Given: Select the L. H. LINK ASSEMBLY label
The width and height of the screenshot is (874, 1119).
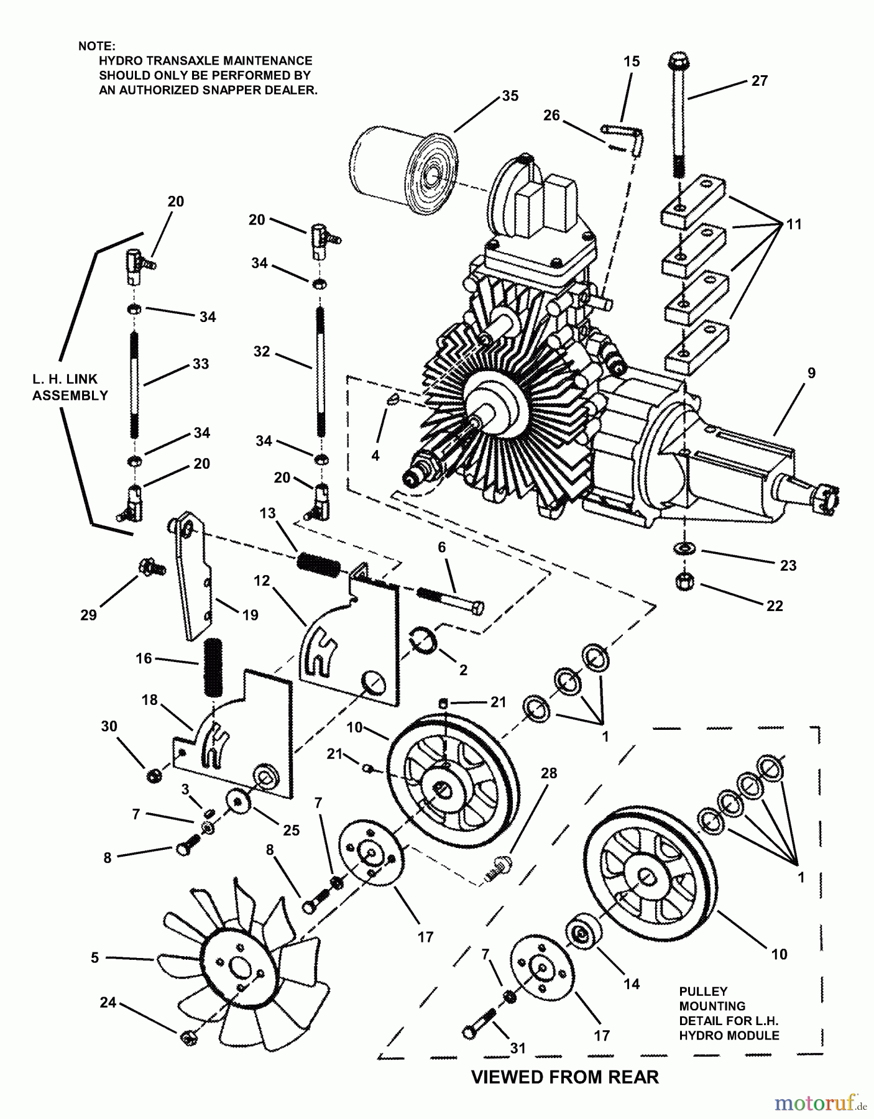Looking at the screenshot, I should pyautogui.click(x=70, y=387).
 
